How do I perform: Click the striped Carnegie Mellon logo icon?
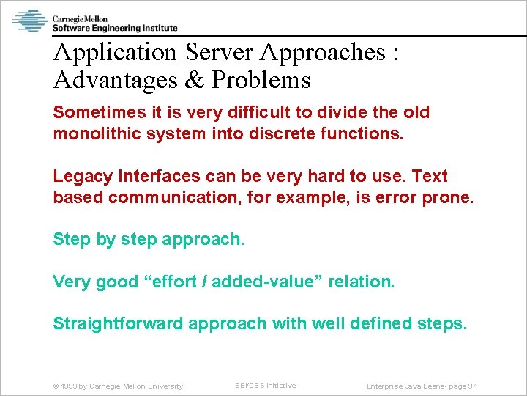29,21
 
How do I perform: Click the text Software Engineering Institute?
114,28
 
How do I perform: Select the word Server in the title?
220,53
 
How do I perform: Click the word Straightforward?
118,323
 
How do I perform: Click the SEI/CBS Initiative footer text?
265,386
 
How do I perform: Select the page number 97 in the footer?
471,386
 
